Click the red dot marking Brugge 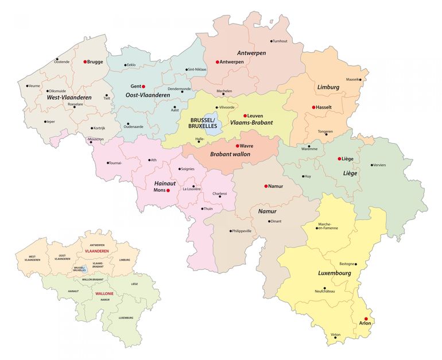click(x=85, y=61)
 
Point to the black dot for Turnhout click(x=272, y=41)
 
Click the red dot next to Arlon click(x=366, y=319)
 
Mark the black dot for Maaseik click(x=361, y=79)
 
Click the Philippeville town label click(x=241, y=231)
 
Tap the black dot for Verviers click(x=372, y=165)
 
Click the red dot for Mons click(x=168, y=190)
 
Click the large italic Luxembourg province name click(x=334, y=273)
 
